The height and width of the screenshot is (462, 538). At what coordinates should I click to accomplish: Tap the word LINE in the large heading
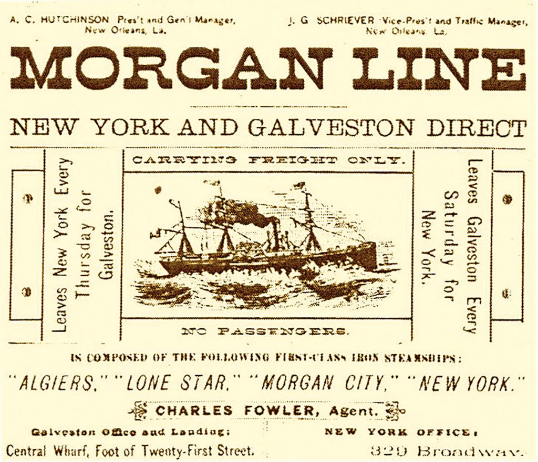coord(439,68)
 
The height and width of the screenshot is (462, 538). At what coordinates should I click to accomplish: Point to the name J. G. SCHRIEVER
coord(332,21)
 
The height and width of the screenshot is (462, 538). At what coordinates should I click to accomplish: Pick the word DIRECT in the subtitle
coord(476,128)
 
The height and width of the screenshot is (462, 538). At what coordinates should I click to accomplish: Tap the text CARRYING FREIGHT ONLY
coord(268,160)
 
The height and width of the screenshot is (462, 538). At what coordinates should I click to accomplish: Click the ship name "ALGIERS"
coord(58,383)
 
